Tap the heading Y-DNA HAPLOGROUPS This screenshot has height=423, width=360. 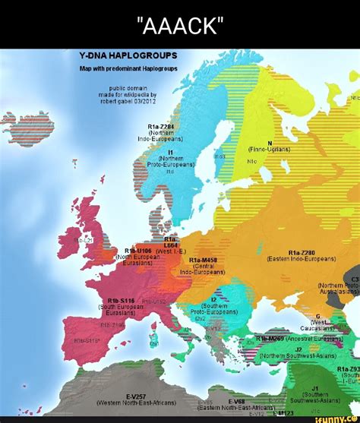(128, 56)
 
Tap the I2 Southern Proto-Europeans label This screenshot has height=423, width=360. (213, 305)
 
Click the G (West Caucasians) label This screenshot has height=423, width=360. (318, 321)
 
